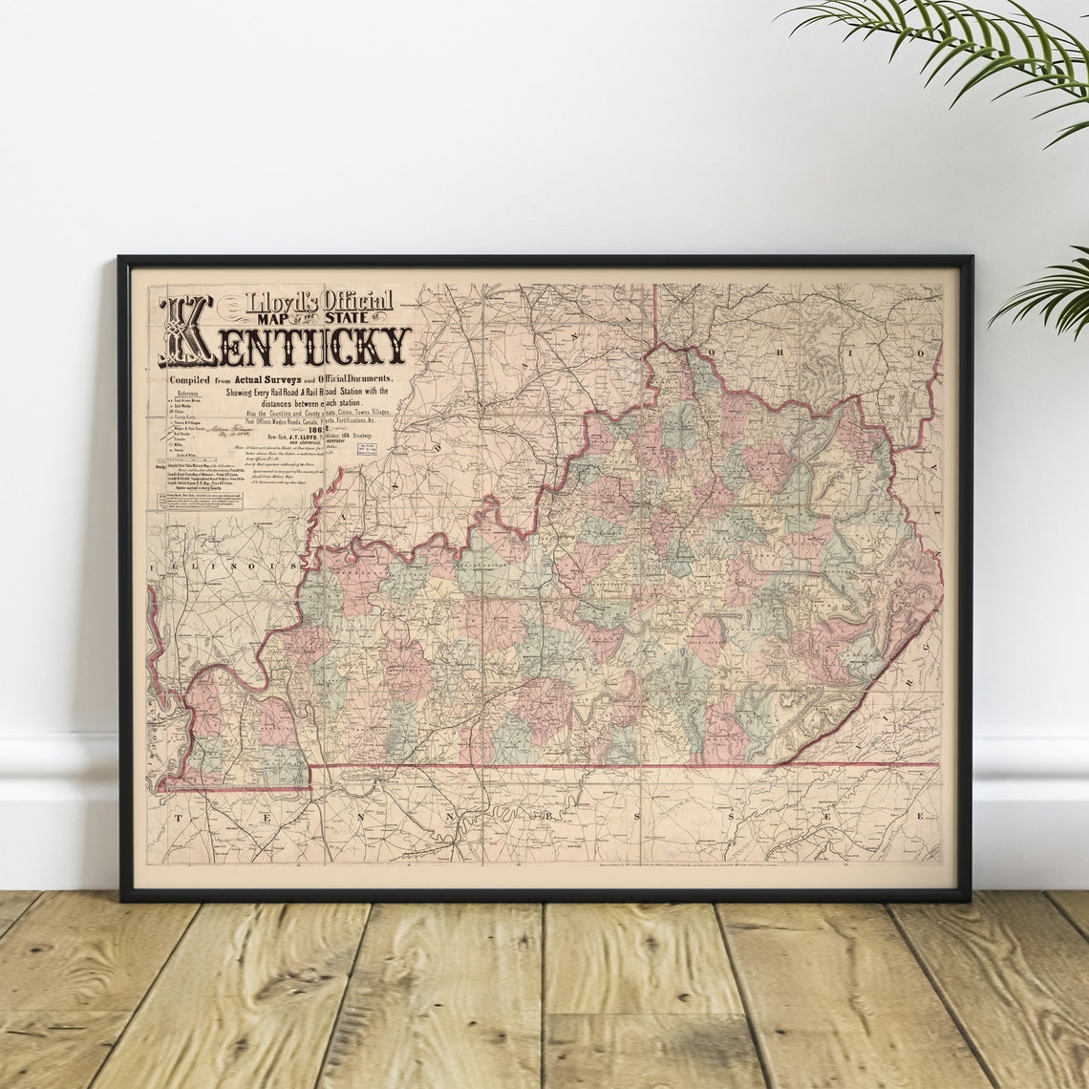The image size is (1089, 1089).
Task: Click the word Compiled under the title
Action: pos(193,380)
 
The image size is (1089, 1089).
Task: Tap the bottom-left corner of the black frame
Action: pos(122,898)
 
